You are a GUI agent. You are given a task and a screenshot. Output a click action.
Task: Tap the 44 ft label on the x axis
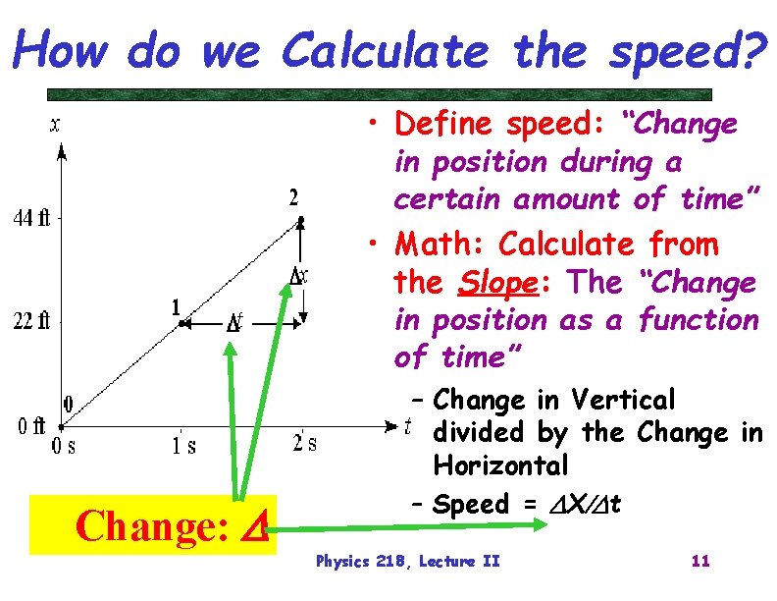click(x=30, y=218)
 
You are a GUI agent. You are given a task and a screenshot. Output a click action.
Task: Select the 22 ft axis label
click(x=30, y=321)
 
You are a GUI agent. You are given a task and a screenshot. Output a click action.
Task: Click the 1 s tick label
click(x=181, y=445)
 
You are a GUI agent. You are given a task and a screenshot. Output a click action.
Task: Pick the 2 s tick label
click(x=305, y=443)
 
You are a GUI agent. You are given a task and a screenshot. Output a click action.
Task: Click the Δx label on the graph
click(x=299, y=277)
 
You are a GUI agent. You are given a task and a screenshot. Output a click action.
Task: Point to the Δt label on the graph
click(x=235, y=322)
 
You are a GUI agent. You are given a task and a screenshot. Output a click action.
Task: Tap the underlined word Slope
click(x=494, y=283)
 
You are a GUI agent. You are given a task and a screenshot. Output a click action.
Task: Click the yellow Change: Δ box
click(x=153, y=526)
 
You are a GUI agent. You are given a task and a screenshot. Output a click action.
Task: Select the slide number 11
click(x=700, y=562)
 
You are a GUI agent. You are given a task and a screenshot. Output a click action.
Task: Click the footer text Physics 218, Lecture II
click(x=407, y=562)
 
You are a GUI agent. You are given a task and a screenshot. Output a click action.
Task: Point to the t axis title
click(x=407, y=425)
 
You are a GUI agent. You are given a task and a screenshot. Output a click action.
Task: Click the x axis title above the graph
click(x=55, y=124)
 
